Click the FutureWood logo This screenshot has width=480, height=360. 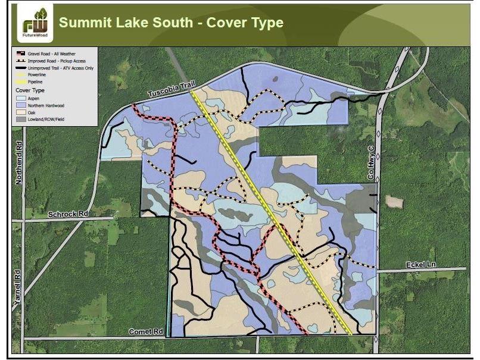click(35, 24)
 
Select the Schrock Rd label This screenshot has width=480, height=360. click(68, 214)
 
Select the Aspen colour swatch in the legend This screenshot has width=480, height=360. click(21, 97)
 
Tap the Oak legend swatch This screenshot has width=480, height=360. click(21, 112)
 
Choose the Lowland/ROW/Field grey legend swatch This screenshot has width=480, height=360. click(21, 119)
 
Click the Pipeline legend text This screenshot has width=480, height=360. click(35, 82)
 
